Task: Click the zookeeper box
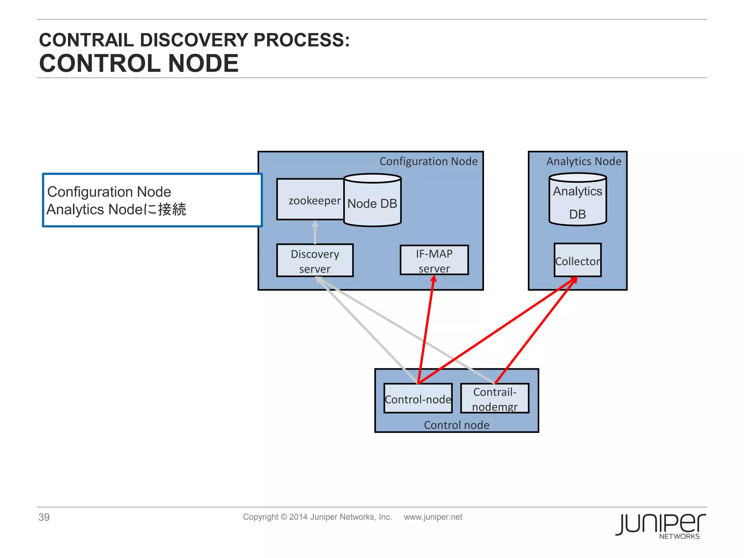pyautogui.click(x=311, y=199)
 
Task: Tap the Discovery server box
pyautogui.click(x=315, y=260)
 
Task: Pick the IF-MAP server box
pyautogui.click(x=434, y=260)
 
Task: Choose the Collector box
pyautogui.click(x=578, y=260)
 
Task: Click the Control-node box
pyautogui.click(x=418, y=399)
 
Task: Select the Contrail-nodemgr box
pyautogui.click(x=495, y=399)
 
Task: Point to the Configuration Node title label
pyautogui.click(x=429, y=161)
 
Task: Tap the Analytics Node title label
pyautogui.click(x=584, y=161)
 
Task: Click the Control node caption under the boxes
pyautogui.click(x=457, y=425)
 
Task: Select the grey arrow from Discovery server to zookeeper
pyautogui.click(x=315, y=232)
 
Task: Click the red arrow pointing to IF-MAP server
pyautogui.click(x=426, y=327)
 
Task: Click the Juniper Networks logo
pyautogui.click(x=660, y=525)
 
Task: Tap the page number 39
pyautogui.click(x=44, y=517)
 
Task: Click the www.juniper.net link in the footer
pyautogui.click(x=433, y=517)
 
